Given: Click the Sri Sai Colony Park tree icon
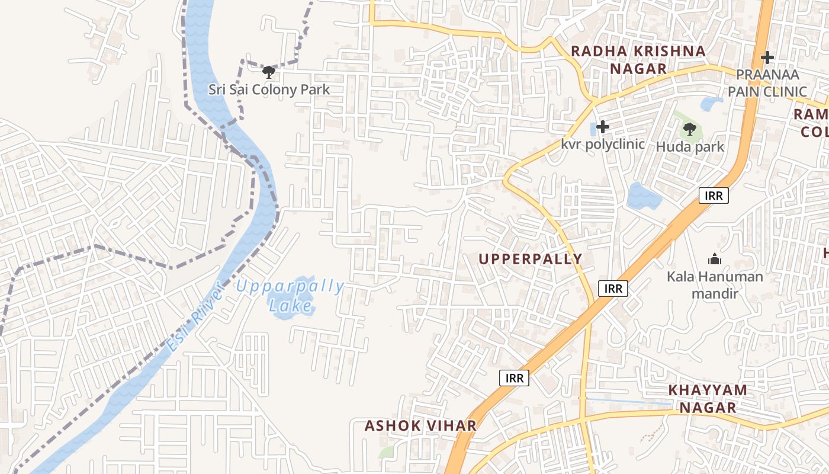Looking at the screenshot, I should click(269, 72).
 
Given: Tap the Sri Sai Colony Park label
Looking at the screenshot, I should click(269, 90).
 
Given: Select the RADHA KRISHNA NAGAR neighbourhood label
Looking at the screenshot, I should click(638, 60).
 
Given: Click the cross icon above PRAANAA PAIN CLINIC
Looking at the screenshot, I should click(767, 57).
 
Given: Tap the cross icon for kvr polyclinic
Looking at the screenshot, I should click(603, 127).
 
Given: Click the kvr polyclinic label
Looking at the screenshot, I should click(603, 144).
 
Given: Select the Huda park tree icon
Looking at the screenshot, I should click(689, 129).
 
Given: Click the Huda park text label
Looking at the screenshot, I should click(690, 146).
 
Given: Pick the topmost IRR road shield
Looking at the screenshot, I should click(714, 196).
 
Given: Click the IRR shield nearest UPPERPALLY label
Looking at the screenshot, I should click(613, 289).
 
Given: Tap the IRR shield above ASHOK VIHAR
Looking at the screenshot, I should click(513, 378).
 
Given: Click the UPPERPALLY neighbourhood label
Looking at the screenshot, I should click(530, 259).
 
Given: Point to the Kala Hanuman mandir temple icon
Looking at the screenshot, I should click(715, 259).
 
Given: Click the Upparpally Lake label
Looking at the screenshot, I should click(290, 296).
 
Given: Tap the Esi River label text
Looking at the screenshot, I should click(195, 317).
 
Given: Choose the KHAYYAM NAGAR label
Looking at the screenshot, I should click(708, 398).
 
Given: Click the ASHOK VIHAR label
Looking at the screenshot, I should click(420, 425).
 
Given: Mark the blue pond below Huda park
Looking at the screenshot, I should click(644, 197).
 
